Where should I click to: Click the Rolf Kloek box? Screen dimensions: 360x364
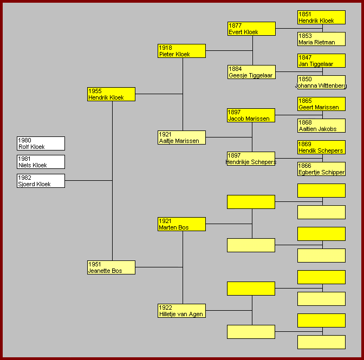(x=41, y=143)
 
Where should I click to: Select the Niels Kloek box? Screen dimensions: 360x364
(x=41, y=162)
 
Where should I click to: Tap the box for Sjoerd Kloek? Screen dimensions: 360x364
(x=41, y=181)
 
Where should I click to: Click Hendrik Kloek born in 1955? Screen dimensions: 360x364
(x=111, y=94)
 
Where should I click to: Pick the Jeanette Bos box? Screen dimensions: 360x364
(x=111, y=267)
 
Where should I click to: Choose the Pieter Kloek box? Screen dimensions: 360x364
(x=181, y=51)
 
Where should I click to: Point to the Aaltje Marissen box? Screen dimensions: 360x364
(x=181, y=138)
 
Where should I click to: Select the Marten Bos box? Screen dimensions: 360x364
(x=181, y=224)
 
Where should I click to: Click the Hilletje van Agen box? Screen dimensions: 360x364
(x=181, y=311)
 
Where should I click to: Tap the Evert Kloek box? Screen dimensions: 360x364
(x=251, y=29)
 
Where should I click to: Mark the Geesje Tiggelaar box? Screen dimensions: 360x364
(x=251, y=72)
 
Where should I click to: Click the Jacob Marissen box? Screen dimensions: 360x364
(x=251, y=115)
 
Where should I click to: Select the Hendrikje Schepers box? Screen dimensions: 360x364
(x=251, y=159)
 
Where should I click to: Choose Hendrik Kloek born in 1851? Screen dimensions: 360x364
(x=321, y=17)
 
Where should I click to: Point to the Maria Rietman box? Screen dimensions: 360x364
(x=321, y=39)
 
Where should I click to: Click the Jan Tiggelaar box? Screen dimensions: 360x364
(x=321, y=61)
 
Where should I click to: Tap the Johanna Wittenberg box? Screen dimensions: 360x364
(x=321, y=82)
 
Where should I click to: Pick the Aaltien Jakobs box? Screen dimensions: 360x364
(x=321, y=126)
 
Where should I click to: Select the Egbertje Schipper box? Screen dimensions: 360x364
(x=321, y=169)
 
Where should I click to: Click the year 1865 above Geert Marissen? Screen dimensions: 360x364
(x=305, y=101)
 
